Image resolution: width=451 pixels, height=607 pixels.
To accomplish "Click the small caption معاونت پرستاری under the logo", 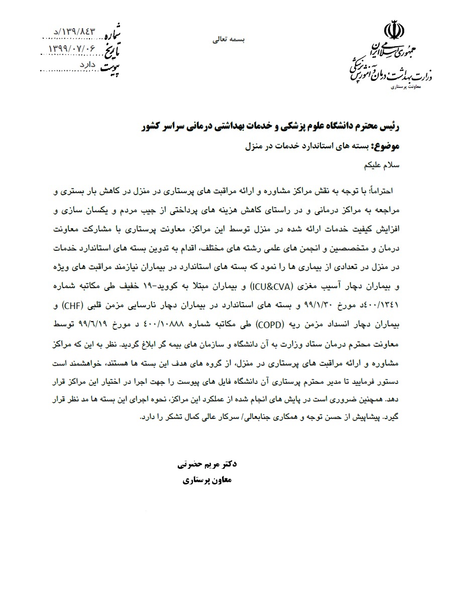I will coord(404,87).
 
